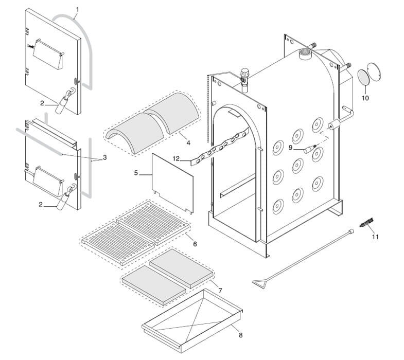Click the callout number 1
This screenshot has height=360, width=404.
[x=77, y=9]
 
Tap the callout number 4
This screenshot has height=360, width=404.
[x=188, y=142]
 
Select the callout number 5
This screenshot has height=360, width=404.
[x=136, y=173]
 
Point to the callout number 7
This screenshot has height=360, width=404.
[x=220, y=291]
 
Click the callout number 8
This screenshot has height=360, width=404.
[x=240, y=335]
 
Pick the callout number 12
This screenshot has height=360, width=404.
[x=175, y=159]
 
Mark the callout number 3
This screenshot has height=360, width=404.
[x=104, y=157]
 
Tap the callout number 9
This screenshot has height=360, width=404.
[x=290, y=147]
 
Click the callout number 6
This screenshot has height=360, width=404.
[x=195, y=244]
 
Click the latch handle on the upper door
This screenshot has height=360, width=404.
[x=65, y=99]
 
